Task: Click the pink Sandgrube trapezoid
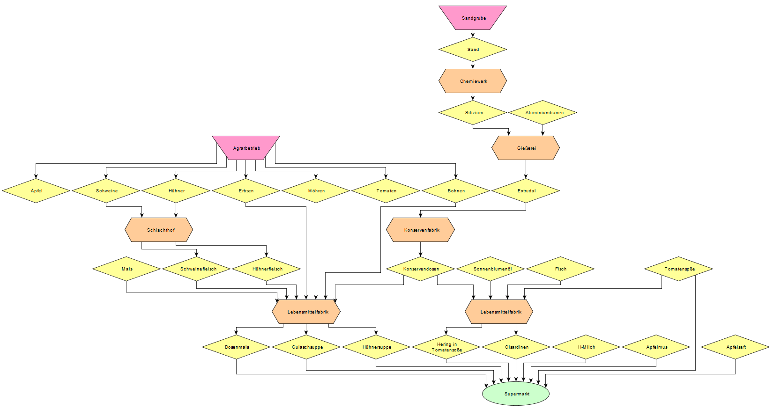click(x=473, y=18)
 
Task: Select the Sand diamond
click(x=473, y=49)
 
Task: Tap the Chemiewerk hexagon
click(x=473, y=81)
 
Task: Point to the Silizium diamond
click(x=473, y=112)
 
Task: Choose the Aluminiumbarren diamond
click(x=543, y=112)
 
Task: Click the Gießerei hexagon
click(x=526, y=148)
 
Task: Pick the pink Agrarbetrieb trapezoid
click(x=246, y=148)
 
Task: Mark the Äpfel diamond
click(x=36, y=190)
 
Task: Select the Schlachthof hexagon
click(x=159, y=230)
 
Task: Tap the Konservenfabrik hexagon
click(x=420, y=230)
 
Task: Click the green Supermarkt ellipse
click(x=516, y=394)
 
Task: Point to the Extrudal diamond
click(x=526, y=190)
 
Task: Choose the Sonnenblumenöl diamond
click(x=491, y=269)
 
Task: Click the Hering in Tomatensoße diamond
click(x=446, y=347)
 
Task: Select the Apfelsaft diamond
click(x=735, y=347)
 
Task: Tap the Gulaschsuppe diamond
click(x=306, y=347)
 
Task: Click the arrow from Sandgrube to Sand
click(x=473, y=34)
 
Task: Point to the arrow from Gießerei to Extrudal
click(x=526, y=169)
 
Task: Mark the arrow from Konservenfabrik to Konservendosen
click(x=420, y=249)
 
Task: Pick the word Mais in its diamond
click(x=127, y=269)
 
